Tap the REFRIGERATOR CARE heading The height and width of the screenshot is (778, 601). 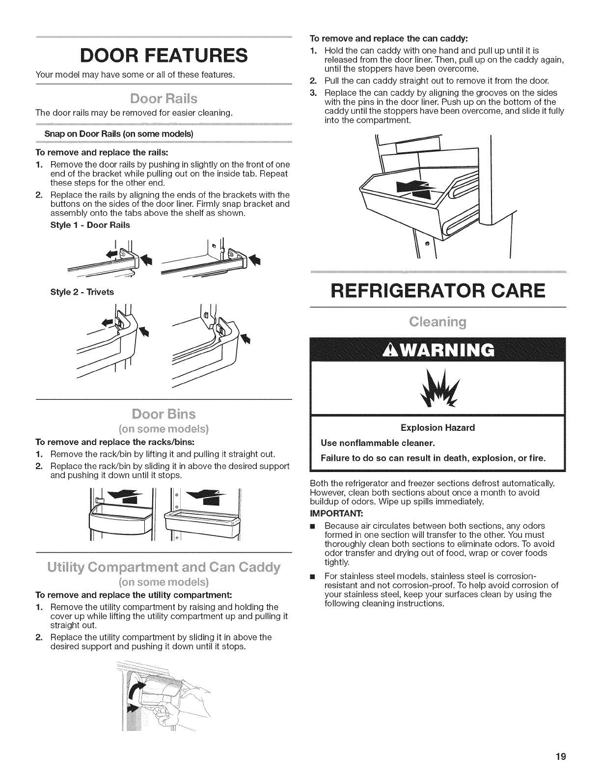point(438,291)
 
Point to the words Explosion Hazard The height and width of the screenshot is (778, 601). point(437,428)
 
